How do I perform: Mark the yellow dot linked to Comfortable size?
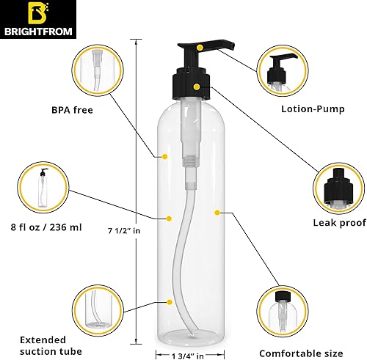(x=217, y=213)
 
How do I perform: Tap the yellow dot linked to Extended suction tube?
(x=169, y=302)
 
